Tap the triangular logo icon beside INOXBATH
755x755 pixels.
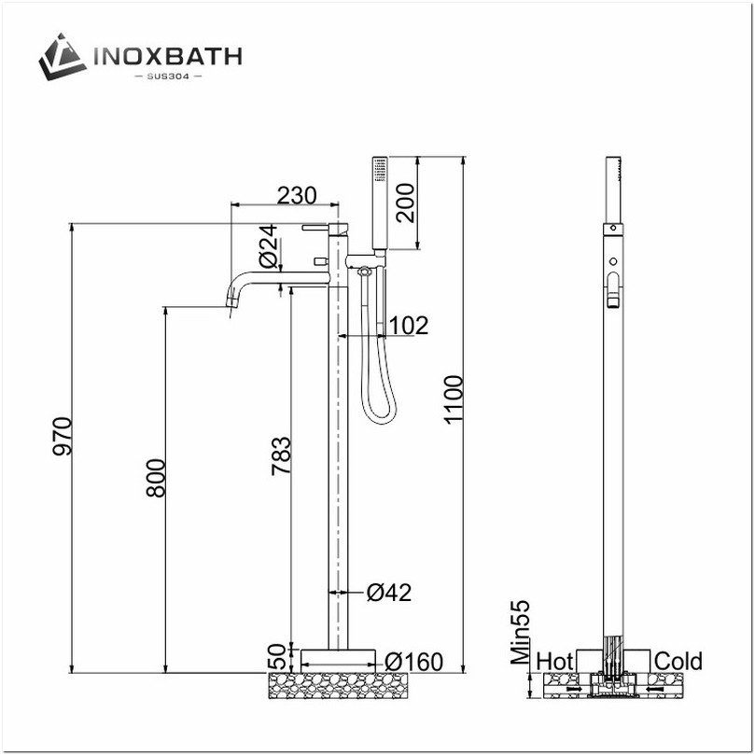pyautogui.click(x=63, y=57)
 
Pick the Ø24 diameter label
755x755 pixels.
pyautogui.click(x=267, y=245)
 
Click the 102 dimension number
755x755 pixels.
pyautogui.click(x=408, y=325)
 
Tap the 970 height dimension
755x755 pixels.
pyautogui.click(x=63, y=437)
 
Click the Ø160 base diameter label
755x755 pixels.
pyautogui.click(x=412, y=662)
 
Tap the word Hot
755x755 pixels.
pyautogui.click(x=555, y=661)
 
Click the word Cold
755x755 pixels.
pyautogui.click(x=678, y=661)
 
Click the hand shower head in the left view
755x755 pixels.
pyautogui.click(x=379, y=201)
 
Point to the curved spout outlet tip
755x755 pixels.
pyautogui.click(x=229, y=304)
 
